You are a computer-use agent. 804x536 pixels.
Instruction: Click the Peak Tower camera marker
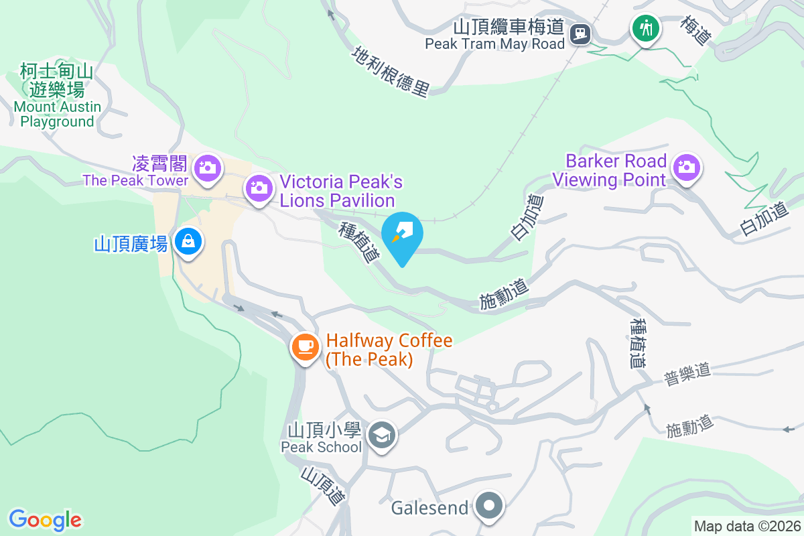click(208, 165)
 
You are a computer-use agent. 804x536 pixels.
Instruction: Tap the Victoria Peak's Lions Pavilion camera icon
click(259, 187)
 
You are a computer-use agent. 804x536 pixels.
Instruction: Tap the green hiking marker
click(645, 28)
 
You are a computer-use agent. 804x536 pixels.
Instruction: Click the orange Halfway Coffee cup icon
click(305, 346)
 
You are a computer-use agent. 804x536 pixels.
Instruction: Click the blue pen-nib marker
click(402, 234)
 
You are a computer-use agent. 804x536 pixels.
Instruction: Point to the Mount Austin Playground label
click(57, 96)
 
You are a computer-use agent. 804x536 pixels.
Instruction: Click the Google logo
click(46, 519)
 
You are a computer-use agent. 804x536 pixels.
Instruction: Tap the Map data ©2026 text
click(746, 526)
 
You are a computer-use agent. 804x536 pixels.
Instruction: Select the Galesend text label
click(429, 508)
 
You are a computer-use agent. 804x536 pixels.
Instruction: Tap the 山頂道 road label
click(323, 485)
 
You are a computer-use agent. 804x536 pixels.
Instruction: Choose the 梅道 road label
click(694, 30)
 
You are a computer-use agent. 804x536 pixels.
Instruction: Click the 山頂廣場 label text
click(131, 244)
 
